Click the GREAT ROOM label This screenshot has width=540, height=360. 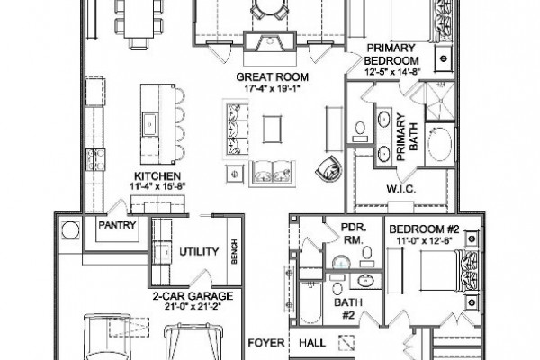(x=272, y=76)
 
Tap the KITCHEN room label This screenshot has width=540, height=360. (x=157, y=176)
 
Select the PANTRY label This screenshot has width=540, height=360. (x=117, y=225)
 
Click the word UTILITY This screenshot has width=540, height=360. (x=199, y=252)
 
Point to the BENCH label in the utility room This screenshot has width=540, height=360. (x=235, y=251)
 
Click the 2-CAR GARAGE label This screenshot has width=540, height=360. (x=193, y=296)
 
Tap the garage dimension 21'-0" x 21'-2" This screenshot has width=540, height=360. (x=193, y=306)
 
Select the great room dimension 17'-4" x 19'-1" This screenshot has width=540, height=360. (x=273, y=88)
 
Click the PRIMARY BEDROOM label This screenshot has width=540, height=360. (x=391, y=54)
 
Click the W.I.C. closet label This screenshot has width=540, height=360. (x=401, y=189)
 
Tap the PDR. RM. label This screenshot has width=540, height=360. (x=354, y=234)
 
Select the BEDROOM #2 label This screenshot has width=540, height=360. (x=424, y=229)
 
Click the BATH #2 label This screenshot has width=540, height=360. (x=348, y=309)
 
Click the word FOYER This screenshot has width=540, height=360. (x=266, y=343)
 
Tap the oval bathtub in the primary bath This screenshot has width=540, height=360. (x=440, y=145)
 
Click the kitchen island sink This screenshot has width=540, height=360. (x=150, y=124)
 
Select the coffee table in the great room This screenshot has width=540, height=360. (x=273, y=129)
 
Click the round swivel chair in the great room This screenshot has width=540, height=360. (x=328, y=168)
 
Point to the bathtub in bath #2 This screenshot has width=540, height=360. (x=311, y=302)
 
